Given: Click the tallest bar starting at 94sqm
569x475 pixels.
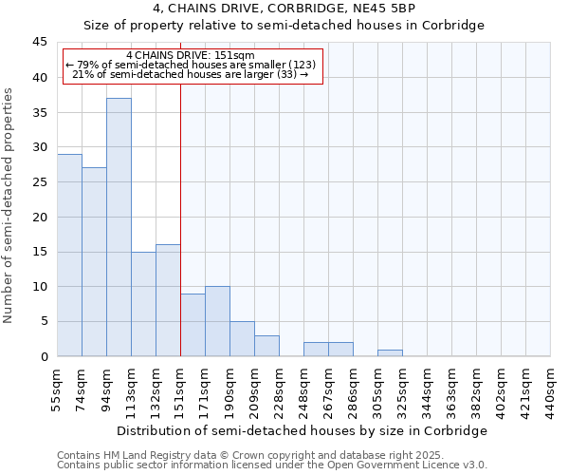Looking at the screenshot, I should [119, 227].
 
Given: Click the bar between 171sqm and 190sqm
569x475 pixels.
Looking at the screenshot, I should [217, 321].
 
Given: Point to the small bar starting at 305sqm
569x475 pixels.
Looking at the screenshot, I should [390, 353].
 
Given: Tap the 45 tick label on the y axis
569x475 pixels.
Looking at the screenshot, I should [39, 42].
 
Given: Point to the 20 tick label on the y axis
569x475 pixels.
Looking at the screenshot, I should [39, 217].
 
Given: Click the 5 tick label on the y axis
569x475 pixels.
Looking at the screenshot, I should [43, 321].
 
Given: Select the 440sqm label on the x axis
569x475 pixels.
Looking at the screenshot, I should [550, 389].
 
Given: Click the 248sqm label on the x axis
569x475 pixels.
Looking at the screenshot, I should [303, 389].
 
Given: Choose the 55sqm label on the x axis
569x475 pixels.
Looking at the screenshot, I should [57, 389].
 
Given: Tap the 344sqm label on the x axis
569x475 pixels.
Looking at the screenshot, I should [427, 389].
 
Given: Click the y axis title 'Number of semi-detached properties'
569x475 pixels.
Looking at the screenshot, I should [9, 205].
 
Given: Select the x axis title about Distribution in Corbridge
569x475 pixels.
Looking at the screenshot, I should [303, 430].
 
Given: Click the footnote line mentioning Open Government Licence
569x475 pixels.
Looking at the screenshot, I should [272, 465].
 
